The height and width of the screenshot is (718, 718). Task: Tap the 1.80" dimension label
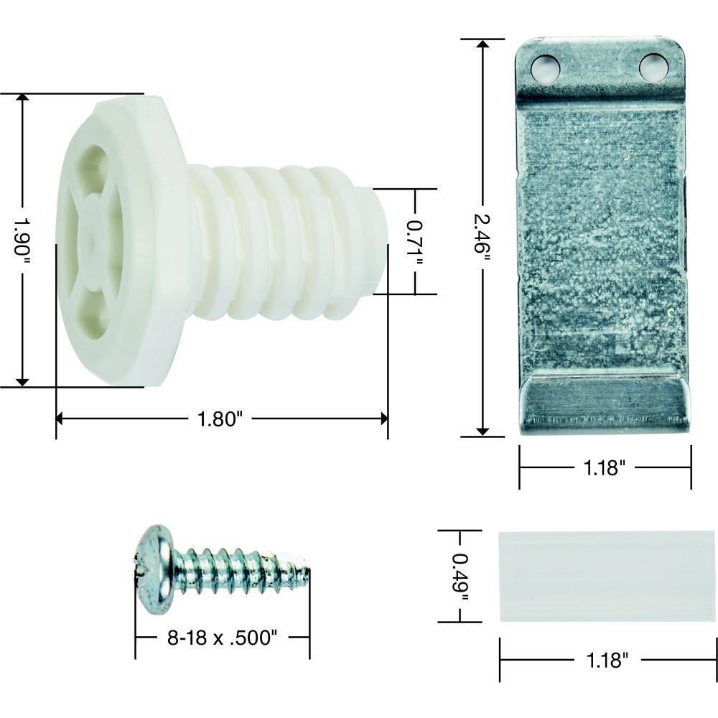click(x=217, y=419)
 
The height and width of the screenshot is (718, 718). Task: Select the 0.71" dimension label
click(x=414, y=242)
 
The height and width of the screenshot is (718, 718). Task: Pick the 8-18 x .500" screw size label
click(x=221, y=637)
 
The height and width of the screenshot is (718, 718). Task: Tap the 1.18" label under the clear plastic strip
click(x=607, y=661)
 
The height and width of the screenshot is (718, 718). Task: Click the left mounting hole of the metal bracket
click(x=545, y=68)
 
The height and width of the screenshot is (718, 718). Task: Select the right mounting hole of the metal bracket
click(x=653, y=67)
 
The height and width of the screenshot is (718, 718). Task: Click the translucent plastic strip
click(x=607, y=576)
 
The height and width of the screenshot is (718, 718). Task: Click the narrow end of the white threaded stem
click(x=379, y=241)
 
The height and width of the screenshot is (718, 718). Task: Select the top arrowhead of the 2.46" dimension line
click(x=482, y=45)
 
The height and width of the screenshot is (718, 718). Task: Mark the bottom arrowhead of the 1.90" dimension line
click(x=23, y=380)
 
